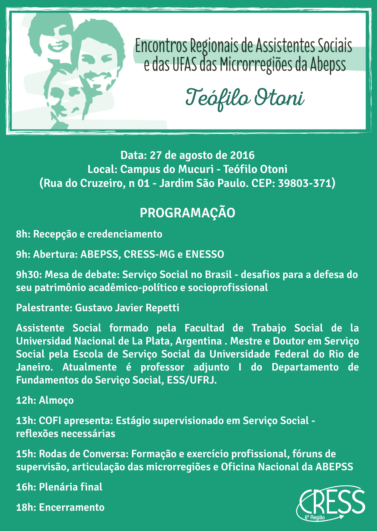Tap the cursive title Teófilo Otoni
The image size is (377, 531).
[245, 98]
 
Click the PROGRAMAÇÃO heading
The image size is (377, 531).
[188, 213]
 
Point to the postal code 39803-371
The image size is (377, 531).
[305, 183]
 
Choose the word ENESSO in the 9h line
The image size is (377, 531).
[204, 254]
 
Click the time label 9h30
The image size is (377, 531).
[29, 275]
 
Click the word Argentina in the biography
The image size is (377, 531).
[198, 341]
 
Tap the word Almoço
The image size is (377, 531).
[56, 400]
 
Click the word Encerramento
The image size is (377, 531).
[72, 507]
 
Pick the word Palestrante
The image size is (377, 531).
[44, 308]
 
